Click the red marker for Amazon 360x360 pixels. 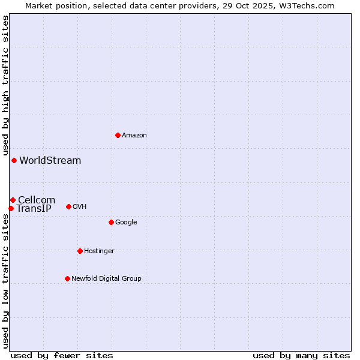point(118,135)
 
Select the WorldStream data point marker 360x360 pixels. point(14,160)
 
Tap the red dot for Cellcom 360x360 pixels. point(13,200)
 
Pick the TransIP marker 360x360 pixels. point(11,208)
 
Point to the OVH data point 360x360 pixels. point(68,206)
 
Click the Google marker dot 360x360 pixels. point(111,222)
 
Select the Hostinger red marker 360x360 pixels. point(80,251)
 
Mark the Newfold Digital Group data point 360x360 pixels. point(67,278)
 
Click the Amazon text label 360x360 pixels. point(134,136)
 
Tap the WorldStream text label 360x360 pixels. point(50,161)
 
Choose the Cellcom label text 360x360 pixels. point(37,200)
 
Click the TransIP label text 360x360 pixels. point(34,209)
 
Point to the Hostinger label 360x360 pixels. point(99,251)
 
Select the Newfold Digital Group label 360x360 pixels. point(106,278)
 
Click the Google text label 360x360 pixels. point(126,223)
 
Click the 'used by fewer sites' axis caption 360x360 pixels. point(62,355)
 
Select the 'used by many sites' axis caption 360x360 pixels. point(301,355)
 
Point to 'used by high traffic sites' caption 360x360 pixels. point(5,86)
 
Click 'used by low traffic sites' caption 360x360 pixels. point(5,281)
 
